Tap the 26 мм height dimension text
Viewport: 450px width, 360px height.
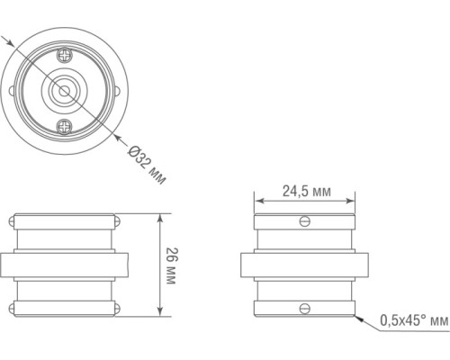point(173,265)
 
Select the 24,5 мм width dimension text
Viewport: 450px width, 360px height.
point(305,191)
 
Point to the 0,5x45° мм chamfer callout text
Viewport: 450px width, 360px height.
point(412,319)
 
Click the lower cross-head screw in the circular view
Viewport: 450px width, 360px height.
point(64,125)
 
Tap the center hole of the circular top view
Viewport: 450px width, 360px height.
point(64,90)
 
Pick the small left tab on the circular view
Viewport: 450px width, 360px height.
point(11,90)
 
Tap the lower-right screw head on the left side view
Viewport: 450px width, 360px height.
point(116,308)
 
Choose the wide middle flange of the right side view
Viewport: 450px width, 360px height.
point(306,265)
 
